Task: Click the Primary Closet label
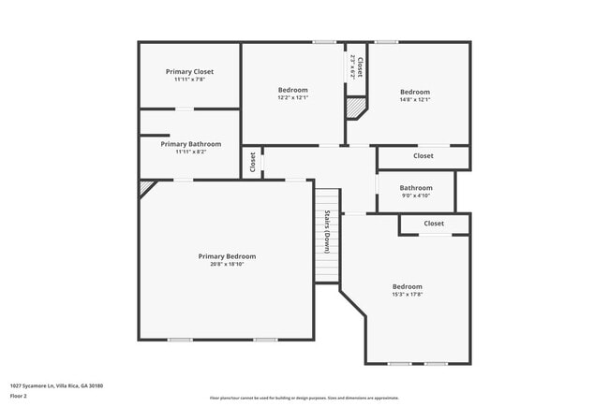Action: [190, 72]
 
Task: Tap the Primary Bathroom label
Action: [190, 144]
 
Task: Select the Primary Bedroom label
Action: [227, 256]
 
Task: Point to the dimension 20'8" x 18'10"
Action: [227, 264]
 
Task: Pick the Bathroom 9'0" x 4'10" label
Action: [416, 187]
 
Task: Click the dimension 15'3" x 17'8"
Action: [407, 294]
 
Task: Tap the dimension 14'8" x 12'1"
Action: [415, 99]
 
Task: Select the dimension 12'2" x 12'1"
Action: [292, 98]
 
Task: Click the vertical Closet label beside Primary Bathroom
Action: [253, 162]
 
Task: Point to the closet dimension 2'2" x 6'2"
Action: [352, 65]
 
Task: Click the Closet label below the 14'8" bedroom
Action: [423, 156]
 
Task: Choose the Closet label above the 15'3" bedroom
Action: [434, 224]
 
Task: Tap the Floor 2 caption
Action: [20, 396]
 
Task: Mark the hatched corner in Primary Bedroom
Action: [145, 187]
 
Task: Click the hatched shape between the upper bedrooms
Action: [355, 108]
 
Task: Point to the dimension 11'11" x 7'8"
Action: [190, 80]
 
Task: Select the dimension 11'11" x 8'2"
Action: [190, 152]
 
